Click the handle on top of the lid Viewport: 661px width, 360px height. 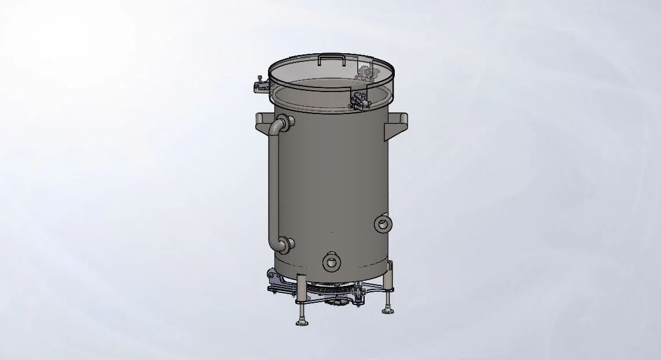pos(332,57)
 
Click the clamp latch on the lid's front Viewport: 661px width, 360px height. pos(361,102)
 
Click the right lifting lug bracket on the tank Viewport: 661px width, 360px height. pos(399,123)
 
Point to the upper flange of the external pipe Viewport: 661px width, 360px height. pos(289,121)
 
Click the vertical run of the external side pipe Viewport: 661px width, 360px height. pos(274,185)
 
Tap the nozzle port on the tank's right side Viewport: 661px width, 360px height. pos(382,223)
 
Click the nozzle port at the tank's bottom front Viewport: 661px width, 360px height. pos(331,262)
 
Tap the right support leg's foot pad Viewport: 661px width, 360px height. pos(387,310)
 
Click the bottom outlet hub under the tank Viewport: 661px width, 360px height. pos(336,300)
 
